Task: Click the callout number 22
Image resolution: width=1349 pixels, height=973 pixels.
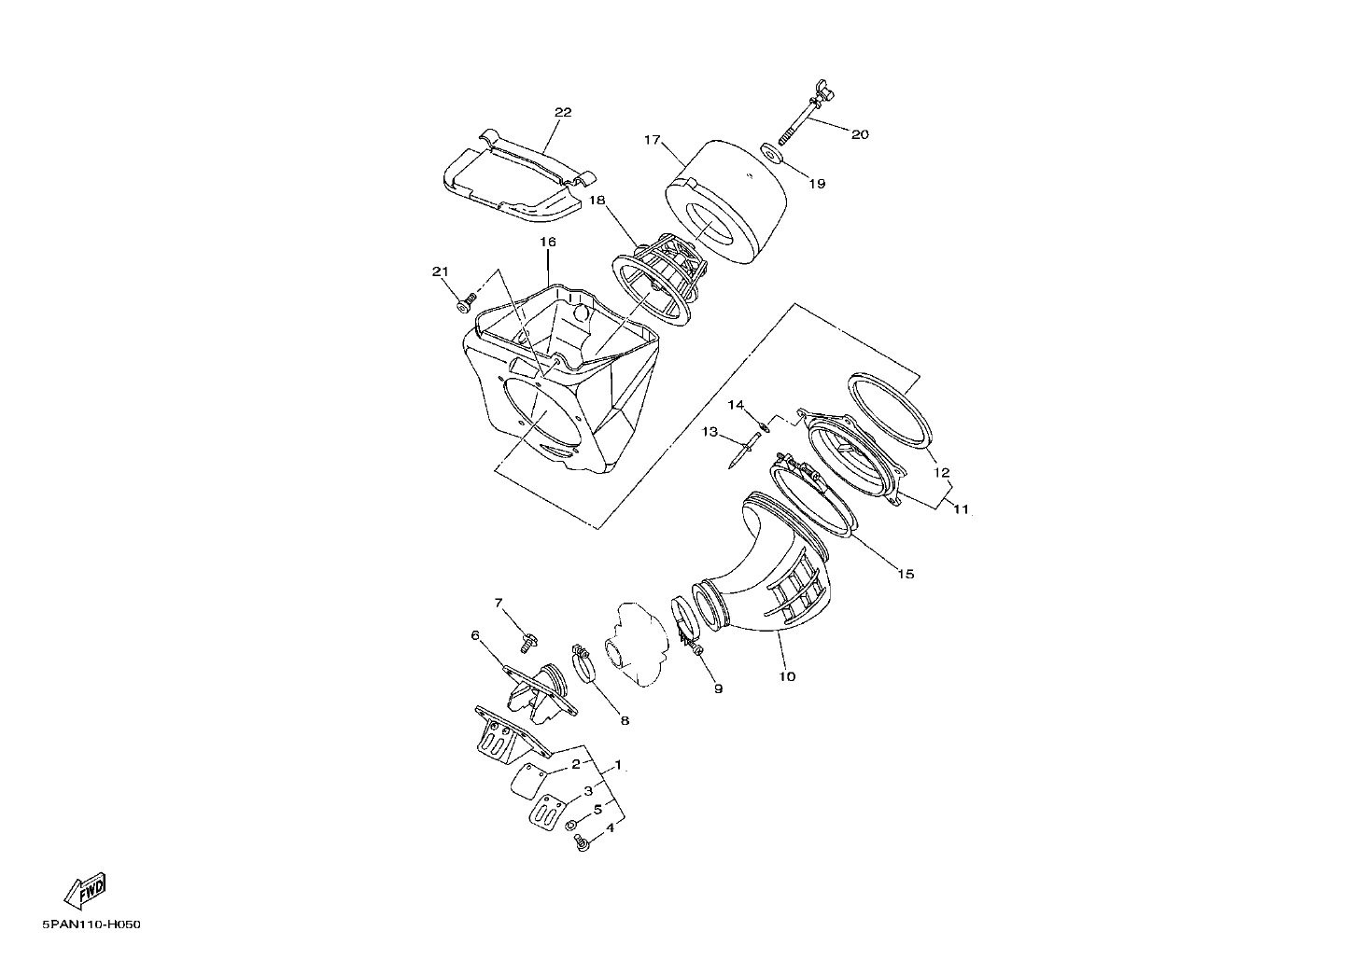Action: click(563, 113)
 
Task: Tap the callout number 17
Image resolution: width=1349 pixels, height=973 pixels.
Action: click(653, 140)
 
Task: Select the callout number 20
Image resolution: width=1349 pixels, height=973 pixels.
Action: click(860, 134)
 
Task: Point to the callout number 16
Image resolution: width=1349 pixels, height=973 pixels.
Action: click(547, 242)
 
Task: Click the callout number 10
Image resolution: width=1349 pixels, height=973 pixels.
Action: click(787, 676)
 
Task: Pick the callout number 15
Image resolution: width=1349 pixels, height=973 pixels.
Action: click(906, 574)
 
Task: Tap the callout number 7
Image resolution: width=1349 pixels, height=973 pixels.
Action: click(499, 603)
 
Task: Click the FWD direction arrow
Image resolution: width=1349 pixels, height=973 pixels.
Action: click(86, 891)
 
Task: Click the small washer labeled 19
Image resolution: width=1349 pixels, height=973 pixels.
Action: click(771, 152)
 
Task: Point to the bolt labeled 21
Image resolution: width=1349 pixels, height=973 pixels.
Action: click(465, 303)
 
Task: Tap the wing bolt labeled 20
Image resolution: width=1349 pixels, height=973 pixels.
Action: click(804, 112)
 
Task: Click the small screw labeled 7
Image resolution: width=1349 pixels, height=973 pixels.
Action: click(528, 643)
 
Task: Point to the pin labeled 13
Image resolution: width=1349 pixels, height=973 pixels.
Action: click(744, 450)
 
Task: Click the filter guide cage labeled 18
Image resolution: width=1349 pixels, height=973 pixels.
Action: click(659, 280)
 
